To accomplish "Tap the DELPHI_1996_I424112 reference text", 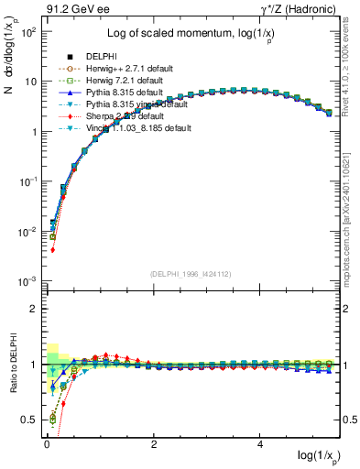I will (192, 273).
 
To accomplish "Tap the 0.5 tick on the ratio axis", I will (29, 420).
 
